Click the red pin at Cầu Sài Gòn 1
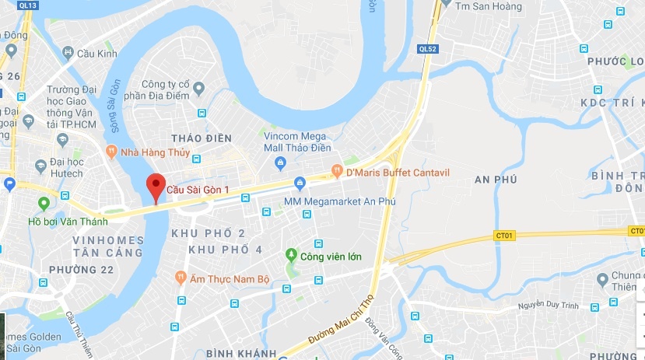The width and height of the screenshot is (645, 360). click(x=156, y=187)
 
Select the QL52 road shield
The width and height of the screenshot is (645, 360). click(x=428, y=48)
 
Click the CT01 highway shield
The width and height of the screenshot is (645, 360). click(x=504, y=235)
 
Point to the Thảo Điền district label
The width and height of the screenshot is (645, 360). click(x=208, y=138)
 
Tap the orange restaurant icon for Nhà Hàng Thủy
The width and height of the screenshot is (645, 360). click(x=112, y=152)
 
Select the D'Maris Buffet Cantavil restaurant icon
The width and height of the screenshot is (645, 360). click(x=337, y=170)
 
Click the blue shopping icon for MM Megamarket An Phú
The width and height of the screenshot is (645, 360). click(x=300, y=183)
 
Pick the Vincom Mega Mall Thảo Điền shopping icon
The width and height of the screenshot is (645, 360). click(x=281, y=162)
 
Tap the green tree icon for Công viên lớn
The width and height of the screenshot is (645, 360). click(x=291, y=255)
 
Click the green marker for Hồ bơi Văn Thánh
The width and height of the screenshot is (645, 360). click(x=44, y=204)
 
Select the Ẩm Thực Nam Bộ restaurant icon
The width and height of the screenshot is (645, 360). click(x=181, y=276)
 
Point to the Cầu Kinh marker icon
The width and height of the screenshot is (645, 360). click(x=67, y=54)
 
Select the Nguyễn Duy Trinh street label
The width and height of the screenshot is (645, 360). click(x=549, y=307)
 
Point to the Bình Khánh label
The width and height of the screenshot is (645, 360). click(x=241, y=353)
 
